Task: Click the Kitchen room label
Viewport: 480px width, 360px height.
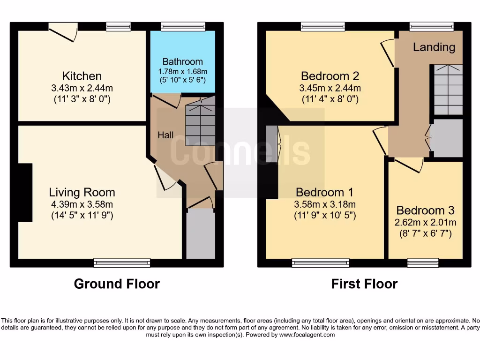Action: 82,76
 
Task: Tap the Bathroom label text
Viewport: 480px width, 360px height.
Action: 182,61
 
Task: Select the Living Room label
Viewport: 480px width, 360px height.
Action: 82,192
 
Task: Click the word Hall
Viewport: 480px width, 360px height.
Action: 165,135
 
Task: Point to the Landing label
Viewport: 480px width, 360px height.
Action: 434,47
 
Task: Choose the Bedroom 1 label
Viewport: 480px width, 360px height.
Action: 324,192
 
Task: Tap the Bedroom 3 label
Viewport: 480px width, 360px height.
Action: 426,210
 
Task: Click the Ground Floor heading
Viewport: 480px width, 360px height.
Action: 117,284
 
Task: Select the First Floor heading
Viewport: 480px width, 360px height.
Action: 364,284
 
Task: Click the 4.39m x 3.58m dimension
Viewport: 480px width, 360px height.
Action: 82,204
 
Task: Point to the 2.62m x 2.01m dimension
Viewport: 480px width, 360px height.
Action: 426,222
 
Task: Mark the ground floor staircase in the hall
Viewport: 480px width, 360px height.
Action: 201,124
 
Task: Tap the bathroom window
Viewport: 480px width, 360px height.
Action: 183,27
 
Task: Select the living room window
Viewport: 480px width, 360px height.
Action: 122,263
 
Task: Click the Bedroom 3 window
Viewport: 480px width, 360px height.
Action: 423,263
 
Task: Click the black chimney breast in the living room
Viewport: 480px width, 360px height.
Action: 25,193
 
